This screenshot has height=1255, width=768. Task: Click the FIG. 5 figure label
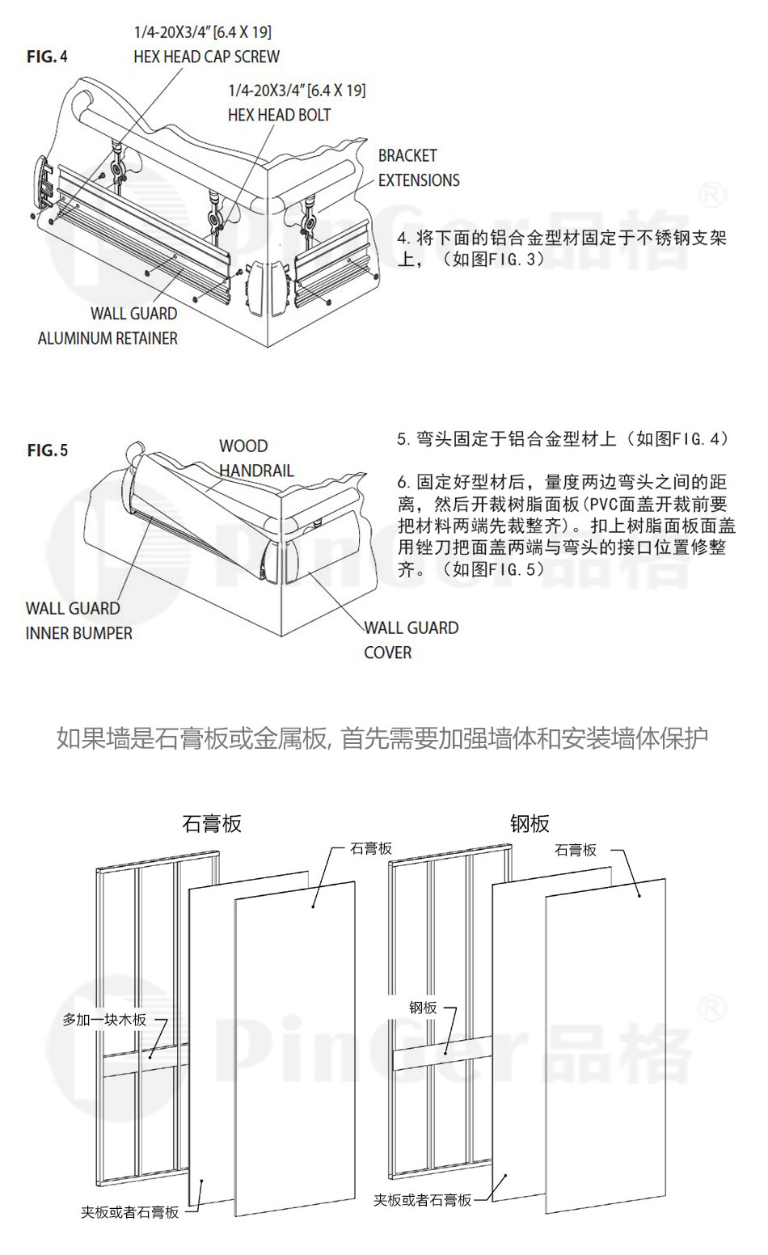coord(48,450)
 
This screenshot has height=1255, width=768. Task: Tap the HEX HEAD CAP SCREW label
coord(206,57)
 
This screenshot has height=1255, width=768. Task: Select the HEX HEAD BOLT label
coord(279,115)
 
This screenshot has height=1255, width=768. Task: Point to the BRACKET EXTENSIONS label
coord(418,167)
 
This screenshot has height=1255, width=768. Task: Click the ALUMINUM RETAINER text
coord(108,338)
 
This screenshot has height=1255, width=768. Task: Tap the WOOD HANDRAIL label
coord(255,458)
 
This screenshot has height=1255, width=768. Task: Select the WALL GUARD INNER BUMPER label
coord(78,620)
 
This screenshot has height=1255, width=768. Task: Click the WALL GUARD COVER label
coord(411,640)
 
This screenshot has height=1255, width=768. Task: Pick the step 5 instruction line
coord(563,439)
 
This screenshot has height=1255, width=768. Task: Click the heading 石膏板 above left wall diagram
coord(212,823)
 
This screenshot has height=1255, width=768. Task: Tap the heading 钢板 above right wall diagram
coord(530,823)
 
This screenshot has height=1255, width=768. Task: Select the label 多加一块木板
coord(104,1020)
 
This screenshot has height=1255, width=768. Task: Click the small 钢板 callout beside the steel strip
coord(423,1008)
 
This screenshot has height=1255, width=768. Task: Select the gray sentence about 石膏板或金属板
coord(383,737)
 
